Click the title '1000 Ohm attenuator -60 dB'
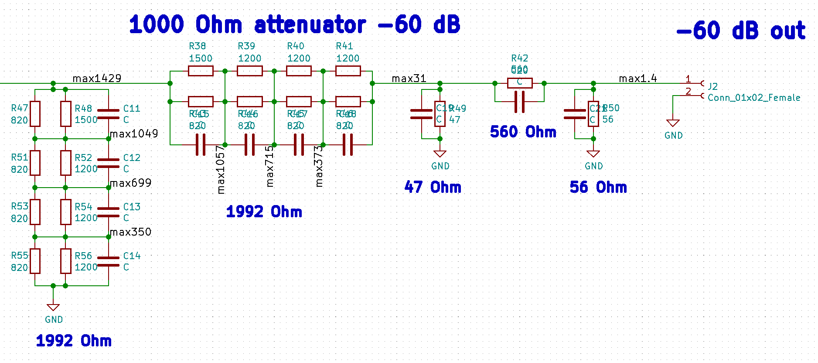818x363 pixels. (x=295, y=24)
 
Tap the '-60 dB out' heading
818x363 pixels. (x=741, y=31)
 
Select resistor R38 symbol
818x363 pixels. (x=201, y=71)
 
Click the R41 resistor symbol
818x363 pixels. (x=348, y=71)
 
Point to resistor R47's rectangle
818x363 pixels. (x=35, y=114)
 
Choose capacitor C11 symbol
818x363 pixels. (x=108, y=114)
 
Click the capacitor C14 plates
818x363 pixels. (x=108, y=261)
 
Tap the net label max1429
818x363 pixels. (x=97, y=79)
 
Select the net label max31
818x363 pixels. (x=409, y=79)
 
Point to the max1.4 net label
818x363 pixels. (x=637, y=79)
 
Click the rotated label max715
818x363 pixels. (x=270, y=166)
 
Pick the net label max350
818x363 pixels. (x=130, y=232)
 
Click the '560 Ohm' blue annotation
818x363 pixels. (x=523, y=132)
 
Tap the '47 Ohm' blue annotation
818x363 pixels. (x=433, y=187)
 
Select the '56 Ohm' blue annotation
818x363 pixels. (x=598, y=187)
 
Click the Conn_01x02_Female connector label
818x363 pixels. (x=754, y=98)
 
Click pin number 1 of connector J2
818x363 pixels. (x=688, y=79)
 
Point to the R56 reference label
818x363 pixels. (x=83, y=256)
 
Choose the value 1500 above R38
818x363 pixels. (x=201, y=58)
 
